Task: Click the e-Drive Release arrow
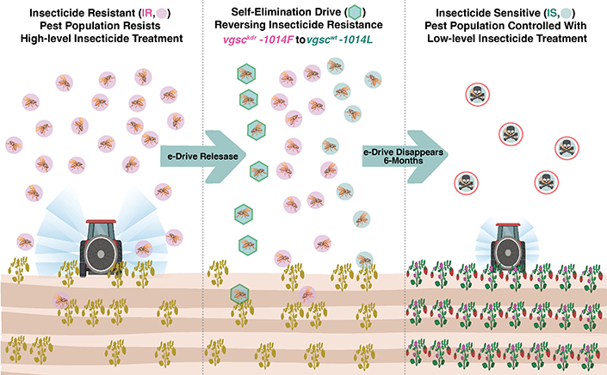[203, 157]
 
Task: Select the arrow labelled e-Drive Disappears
[405, 157]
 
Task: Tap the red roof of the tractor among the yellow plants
[101, 222]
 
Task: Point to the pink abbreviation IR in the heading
[146, 13]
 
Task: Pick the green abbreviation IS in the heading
[552, 13]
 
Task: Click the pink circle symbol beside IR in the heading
[161, 14]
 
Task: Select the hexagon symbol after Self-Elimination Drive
[355, 12]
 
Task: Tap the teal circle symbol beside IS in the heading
[567, 14]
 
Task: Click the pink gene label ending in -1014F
[258, 40]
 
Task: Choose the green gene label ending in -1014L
[339, 40]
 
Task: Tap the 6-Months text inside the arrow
[403, 160]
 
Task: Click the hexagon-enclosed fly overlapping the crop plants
[239, 294]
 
